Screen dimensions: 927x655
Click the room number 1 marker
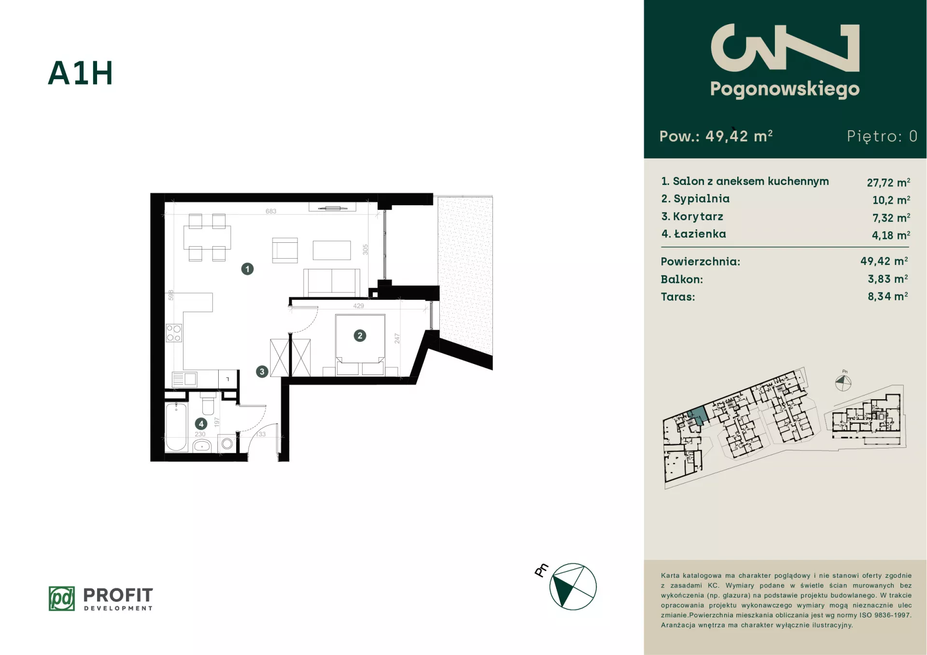pos(247,269)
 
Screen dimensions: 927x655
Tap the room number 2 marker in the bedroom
pos(360,335)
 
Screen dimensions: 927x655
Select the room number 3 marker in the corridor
pos(262,372)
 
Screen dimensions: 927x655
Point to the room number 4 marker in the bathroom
pos(201,424)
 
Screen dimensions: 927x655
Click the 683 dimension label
pos(271,211)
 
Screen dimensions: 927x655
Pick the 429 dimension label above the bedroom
pos(358,306)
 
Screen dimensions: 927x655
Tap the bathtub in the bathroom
pos(176,427)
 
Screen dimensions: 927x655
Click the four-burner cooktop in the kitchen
pos(174,333)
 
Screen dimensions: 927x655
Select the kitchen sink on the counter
pos(184,379)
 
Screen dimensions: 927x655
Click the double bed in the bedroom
pos(360,344)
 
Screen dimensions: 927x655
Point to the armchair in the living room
pos(285,250)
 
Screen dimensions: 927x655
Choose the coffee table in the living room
pos(332,251)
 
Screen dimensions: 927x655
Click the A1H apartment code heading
pos(81,73)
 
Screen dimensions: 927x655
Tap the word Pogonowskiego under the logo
pos(785,89)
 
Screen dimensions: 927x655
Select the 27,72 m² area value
pos(888,182)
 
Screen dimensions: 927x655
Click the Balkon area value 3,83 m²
pos(887,279)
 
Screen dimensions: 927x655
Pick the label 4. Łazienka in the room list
pos(693,234)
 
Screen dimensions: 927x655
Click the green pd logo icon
pos(62,599)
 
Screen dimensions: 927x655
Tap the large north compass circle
pos(573,586)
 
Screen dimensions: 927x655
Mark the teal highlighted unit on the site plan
pos(698,416)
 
